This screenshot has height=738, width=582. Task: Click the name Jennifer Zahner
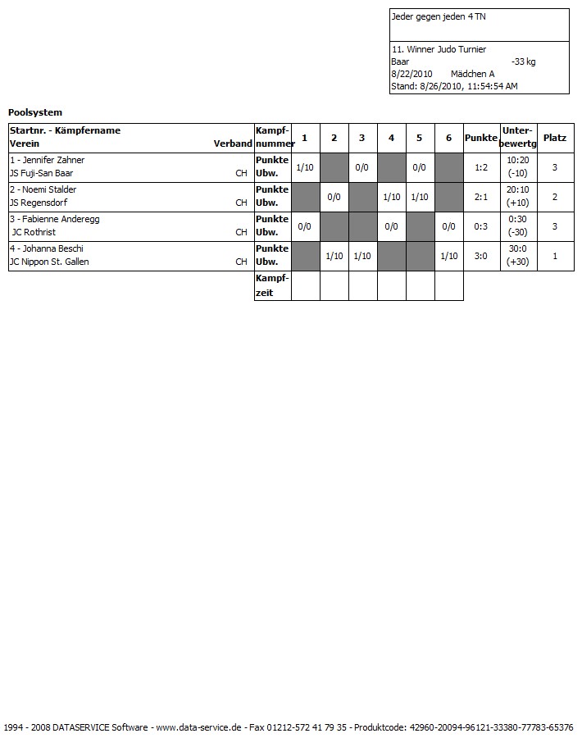pos(52,160)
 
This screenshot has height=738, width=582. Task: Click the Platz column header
pos(555,138)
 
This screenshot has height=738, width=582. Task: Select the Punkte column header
pos(481,138)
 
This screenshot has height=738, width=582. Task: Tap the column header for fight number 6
pos(448,138)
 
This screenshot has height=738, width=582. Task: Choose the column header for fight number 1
pos(305,138)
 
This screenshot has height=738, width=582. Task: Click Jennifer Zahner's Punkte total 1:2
pos(481,167)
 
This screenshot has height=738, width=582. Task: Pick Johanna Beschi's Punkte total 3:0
pos(481,256)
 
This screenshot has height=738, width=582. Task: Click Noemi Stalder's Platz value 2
pos(555,197)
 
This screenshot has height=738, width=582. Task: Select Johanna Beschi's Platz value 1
pos(555,256)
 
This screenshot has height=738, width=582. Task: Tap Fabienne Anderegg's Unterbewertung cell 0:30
pos(517,219)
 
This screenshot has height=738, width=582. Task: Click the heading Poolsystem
pos(35,112)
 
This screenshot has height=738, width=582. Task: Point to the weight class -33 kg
pos(523,61)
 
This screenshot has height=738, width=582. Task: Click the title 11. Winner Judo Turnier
pos(439,49)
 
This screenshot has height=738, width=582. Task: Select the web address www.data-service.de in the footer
pos(198,727)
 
